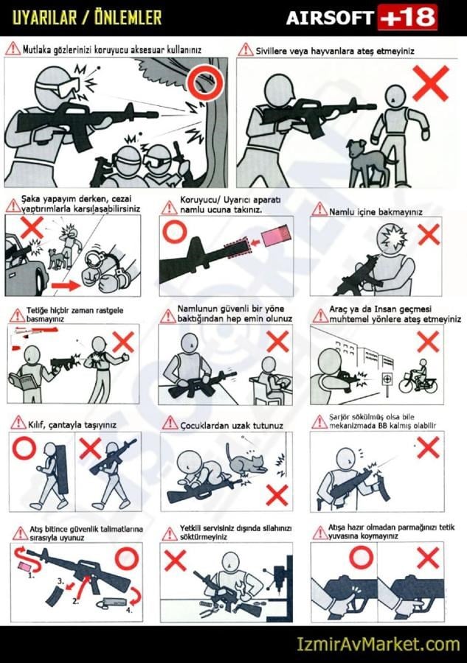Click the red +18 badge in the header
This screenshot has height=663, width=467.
407,17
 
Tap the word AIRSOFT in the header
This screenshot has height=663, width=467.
330,18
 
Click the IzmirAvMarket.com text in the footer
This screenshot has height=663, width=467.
378,645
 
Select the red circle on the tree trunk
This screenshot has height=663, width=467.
205,81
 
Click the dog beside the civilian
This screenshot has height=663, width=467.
365,161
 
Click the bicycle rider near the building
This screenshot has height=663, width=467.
419,379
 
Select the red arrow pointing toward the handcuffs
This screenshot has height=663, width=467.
66,286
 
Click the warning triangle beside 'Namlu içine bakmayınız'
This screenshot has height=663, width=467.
319,209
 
